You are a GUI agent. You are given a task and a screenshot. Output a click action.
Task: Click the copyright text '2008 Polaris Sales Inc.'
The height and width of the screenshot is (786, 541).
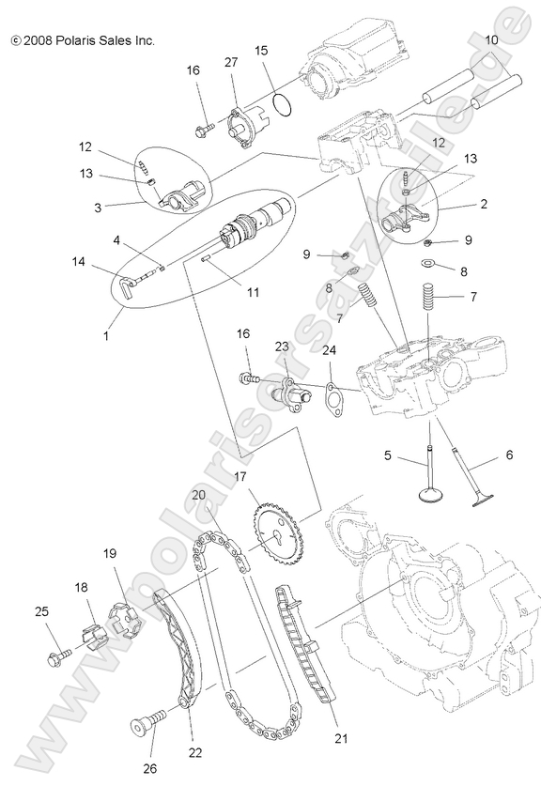83,40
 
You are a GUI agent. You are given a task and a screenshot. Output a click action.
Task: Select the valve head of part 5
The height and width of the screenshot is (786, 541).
431,494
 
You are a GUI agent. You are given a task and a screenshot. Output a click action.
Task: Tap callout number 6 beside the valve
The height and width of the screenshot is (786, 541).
509,455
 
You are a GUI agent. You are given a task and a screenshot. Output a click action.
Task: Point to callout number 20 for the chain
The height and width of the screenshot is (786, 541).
199,496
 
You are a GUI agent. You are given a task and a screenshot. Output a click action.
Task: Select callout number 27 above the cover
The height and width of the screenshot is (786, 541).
231,63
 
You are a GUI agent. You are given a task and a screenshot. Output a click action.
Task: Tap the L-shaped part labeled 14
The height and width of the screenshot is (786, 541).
134,278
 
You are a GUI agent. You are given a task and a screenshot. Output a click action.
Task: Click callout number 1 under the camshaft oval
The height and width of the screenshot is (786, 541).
106,334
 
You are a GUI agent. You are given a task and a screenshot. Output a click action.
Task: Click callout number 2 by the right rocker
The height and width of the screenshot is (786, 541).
483,203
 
